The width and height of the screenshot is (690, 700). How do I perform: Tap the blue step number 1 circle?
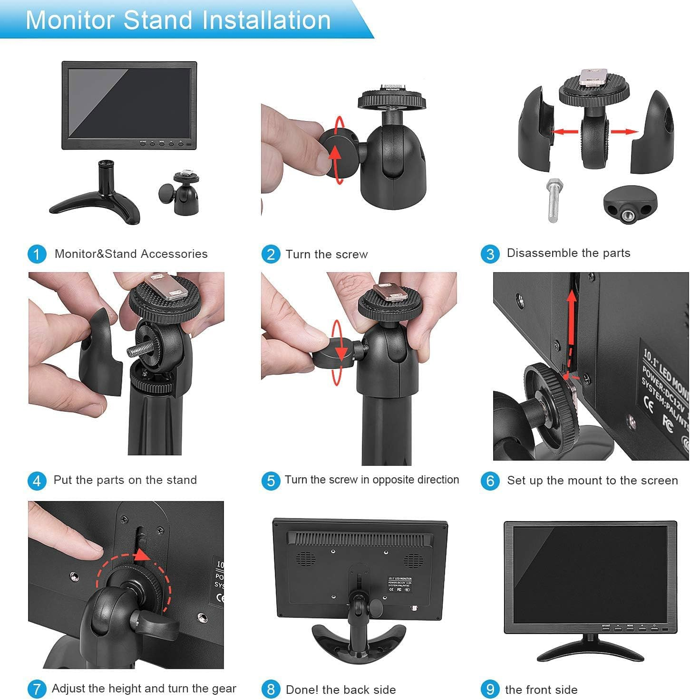pos(37,254)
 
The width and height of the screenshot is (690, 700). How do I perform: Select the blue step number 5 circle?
pos(271,481)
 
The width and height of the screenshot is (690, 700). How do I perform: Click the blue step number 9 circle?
pos(490,689)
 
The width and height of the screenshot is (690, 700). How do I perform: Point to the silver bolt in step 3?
pos(554,200)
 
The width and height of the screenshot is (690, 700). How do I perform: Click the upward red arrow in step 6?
pos(572,323)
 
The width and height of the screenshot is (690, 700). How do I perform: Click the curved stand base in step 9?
pos(590,651)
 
